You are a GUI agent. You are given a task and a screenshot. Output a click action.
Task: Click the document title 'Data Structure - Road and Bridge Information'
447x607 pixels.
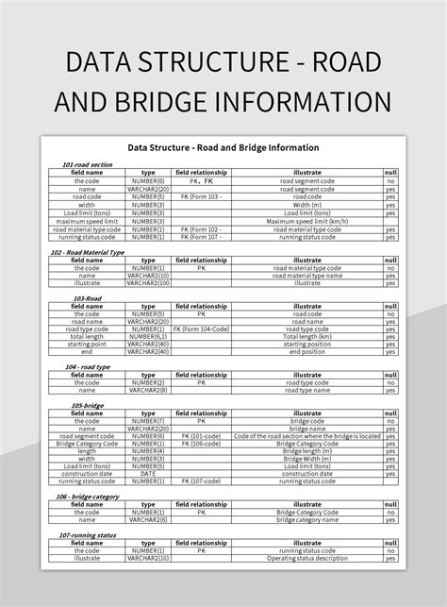pyautogui.click(x=223, y=148)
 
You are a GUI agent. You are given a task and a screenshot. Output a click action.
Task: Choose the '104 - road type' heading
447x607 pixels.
pyautogui.click(x=89, y=366)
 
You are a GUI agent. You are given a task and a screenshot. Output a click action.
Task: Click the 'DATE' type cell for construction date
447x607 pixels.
pyautogui.click(x=148, y=473)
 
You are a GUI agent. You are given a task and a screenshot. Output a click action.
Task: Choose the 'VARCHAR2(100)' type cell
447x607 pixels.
pyautogui.click(x=148, y=282)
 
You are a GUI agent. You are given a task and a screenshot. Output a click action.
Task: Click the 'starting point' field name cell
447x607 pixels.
pyautogui.click(x=87, y=344)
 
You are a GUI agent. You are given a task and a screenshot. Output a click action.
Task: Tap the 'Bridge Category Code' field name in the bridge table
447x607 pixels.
pyautogui.click(x=87, y=443)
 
